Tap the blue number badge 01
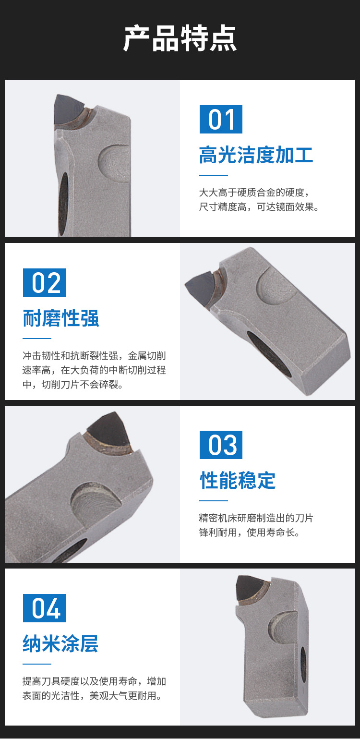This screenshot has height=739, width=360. click(x=221, y=119)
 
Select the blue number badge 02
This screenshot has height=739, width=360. click(x=44, y=282)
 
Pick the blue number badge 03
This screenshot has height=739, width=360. click(x=221, y=445)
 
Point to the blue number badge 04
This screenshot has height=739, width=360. click(x=44, y=608)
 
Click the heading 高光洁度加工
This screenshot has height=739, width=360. click(x=256, y=155)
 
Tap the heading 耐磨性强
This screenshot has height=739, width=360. click(x=60, y=318)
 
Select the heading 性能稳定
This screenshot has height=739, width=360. click(x=238, y=480)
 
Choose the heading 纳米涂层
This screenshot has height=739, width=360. click(x=60, y=643)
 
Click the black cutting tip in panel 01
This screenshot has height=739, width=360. click(x=68, y=108)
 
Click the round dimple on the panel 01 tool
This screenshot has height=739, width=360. click(x=114, y=162)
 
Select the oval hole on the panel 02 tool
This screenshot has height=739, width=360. click(x=269, y=354)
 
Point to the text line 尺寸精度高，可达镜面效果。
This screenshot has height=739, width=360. click(x=259, y=207)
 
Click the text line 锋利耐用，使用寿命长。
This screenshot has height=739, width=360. click(x=250, y=533)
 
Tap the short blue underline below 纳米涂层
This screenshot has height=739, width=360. click(x=37, y=664)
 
